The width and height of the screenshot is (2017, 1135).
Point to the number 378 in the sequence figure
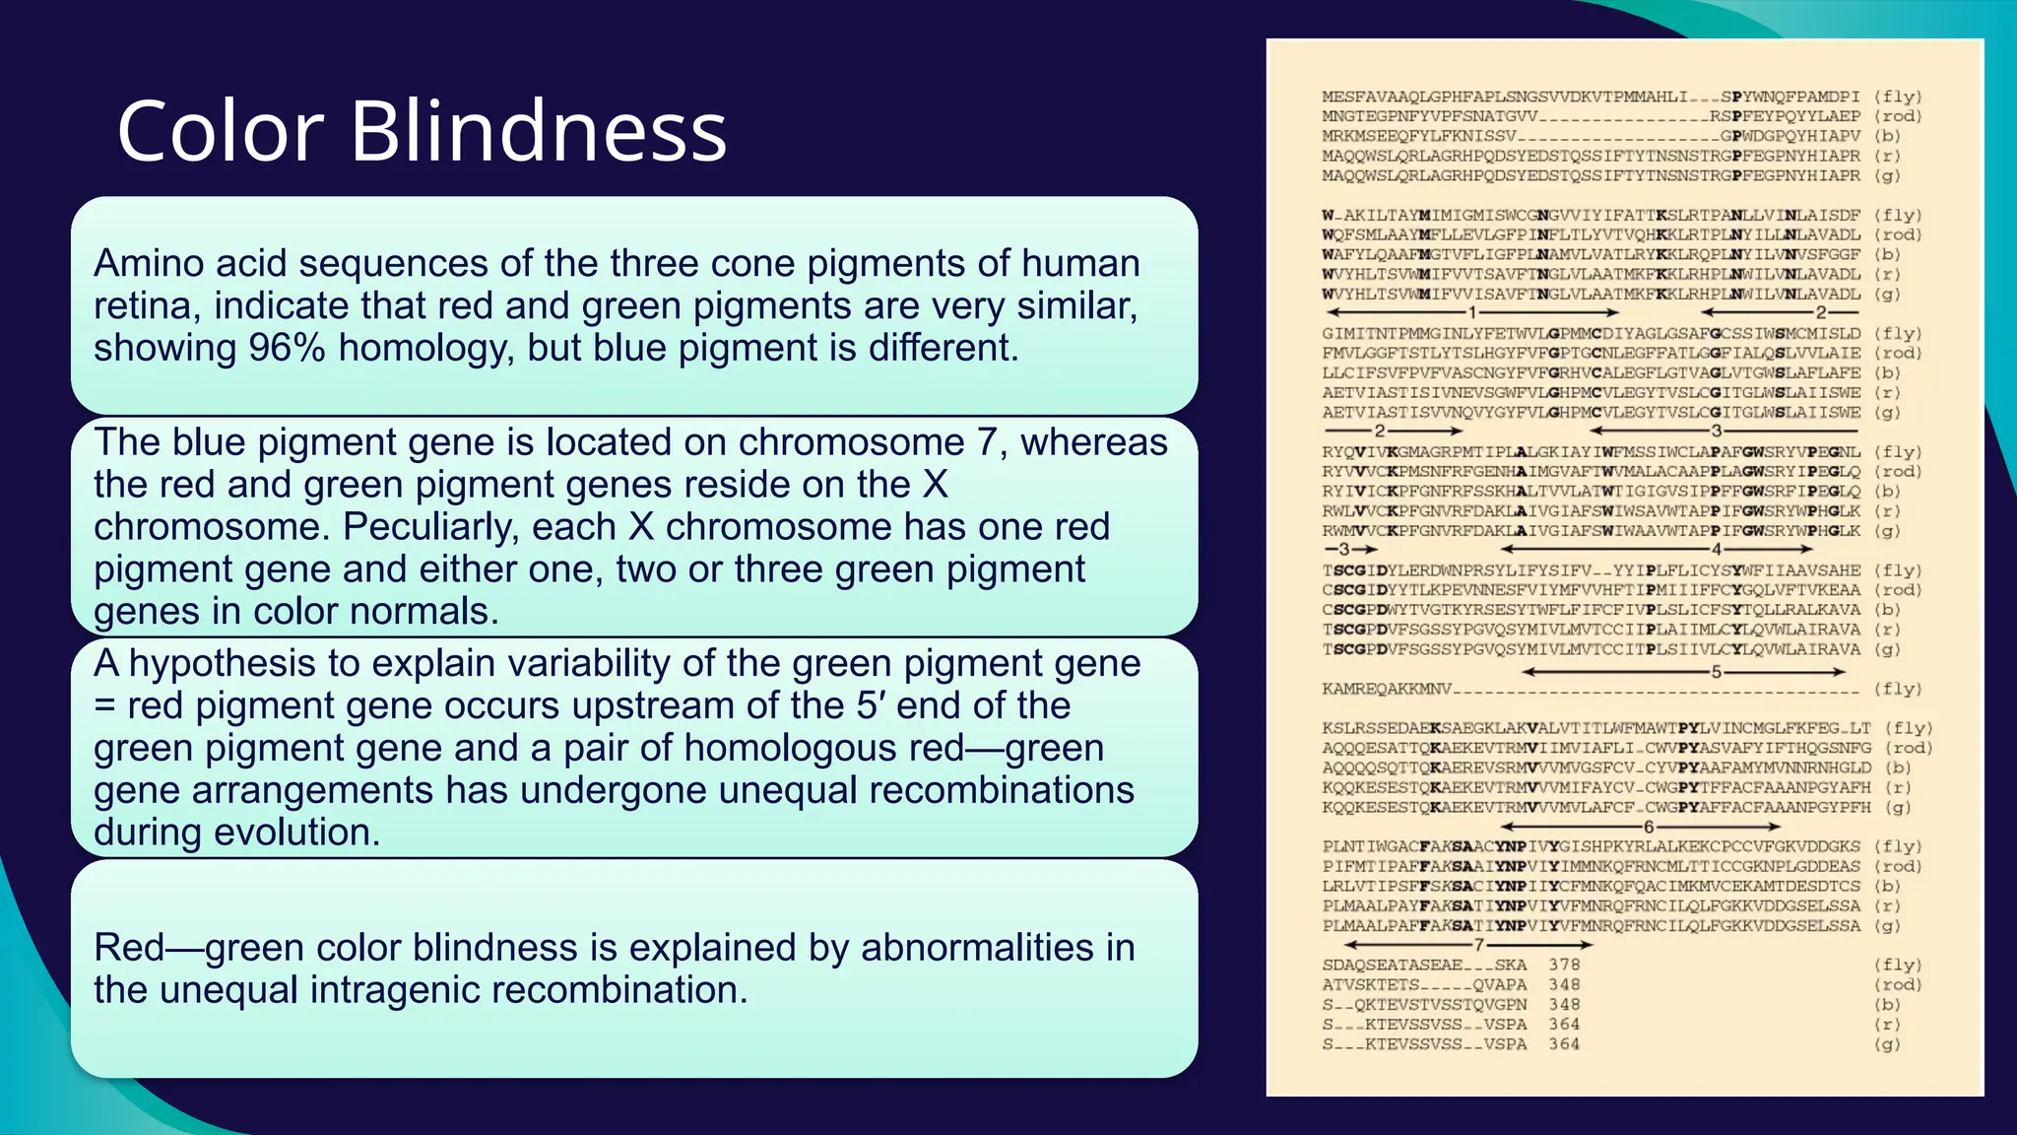point(1564,965)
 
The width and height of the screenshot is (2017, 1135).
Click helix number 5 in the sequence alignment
point(1716,672)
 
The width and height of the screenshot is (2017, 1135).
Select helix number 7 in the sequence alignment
point(1478,945)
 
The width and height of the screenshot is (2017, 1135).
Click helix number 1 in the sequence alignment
point(1472,312)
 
